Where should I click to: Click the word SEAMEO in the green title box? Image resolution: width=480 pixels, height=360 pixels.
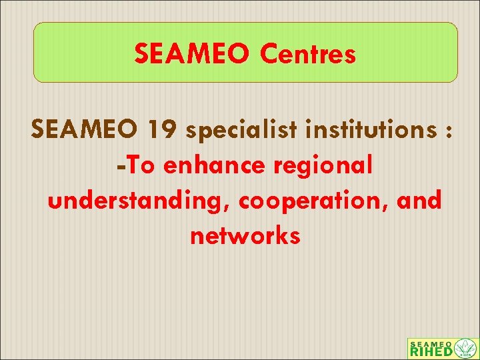[193, 53]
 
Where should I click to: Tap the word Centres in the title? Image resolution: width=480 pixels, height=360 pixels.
[308, 53]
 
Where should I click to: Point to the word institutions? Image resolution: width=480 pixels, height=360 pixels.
[365, 131]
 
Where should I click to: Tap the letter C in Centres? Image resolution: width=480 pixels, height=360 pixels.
[270, 53]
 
